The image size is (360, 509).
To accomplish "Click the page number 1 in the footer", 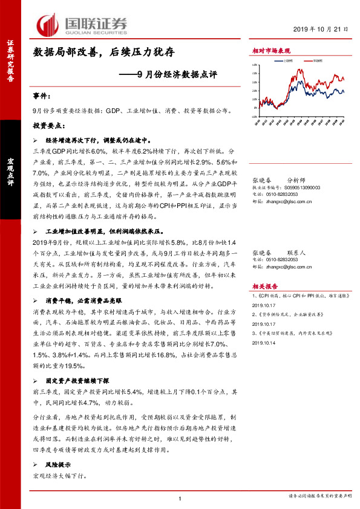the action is click(x=180, y=499).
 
